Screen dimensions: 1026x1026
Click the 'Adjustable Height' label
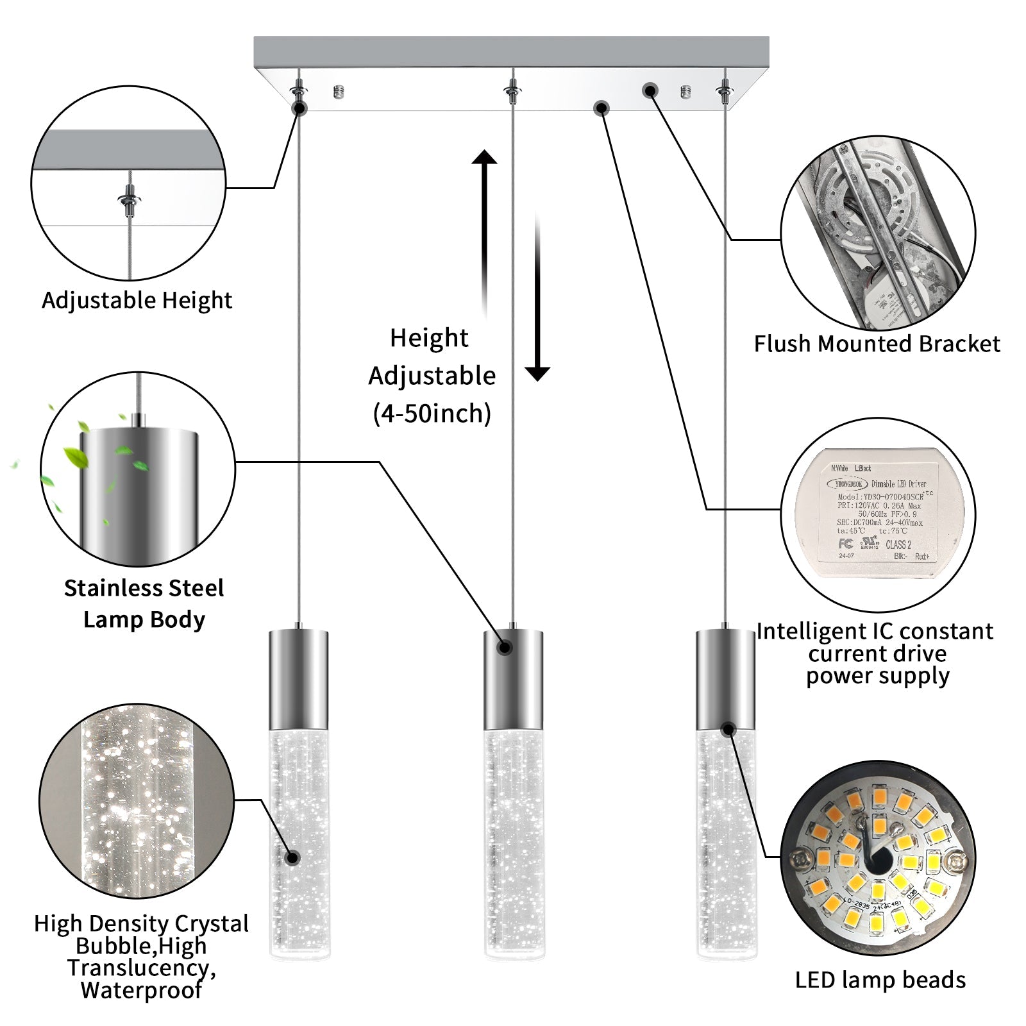[x=137, y=300]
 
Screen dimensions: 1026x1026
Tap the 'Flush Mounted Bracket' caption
[x=877, y=344]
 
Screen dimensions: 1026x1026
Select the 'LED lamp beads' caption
[x=880, y=980]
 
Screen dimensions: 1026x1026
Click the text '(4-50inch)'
[x=432, y=414]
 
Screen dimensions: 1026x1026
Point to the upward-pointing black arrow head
[x=485, y=158]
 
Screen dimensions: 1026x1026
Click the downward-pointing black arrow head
[x=537, y=373]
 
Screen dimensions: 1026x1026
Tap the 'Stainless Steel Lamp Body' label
[x=144, y=603]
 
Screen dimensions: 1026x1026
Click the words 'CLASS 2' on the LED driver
[x=898, y=544]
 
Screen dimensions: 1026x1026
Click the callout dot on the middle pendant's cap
[x=505, y=648]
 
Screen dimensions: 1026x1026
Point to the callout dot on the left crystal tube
[x=293, y=857]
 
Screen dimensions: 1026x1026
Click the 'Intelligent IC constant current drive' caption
[x=875, y=643]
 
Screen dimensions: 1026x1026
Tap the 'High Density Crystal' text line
[x=141, y=924]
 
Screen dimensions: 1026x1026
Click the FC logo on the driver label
[x=846, y=544]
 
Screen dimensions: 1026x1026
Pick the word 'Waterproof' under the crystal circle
[x=142, y=990]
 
